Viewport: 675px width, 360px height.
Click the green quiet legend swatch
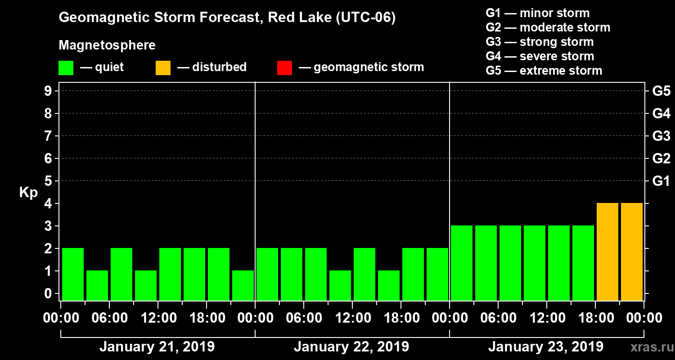tap(66, 67)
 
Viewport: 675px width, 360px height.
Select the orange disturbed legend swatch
tap(163, 67)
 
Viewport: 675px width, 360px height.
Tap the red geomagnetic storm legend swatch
tap(284, 67)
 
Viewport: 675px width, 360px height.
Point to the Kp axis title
tap(28, 193)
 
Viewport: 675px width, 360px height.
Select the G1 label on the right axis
tap(661, 181)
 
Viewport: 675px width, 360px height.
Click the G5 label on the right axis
tap(661, 91)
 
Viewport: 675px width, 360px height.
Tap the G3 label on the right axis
tap(661, 136)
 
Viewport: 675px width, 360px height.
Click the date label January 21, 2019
tap(157, 347)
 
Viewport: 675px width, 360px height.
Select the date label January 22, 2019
tap(351, 347)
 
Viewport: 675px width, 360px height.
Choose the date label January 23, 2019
tap(545, 347)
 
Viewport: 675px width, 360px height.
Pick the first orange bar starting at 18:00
tap(607, 252)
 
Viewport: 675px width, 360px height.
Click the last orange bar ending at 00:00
tap(632, 252)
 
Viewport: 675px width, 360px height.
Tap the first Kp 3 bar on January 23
tap(462, 263)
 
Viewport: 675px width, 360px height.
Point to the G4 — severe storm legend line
tap(540, 56)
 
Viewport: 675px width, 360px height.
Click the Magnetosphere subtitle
tap(107, 45)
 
